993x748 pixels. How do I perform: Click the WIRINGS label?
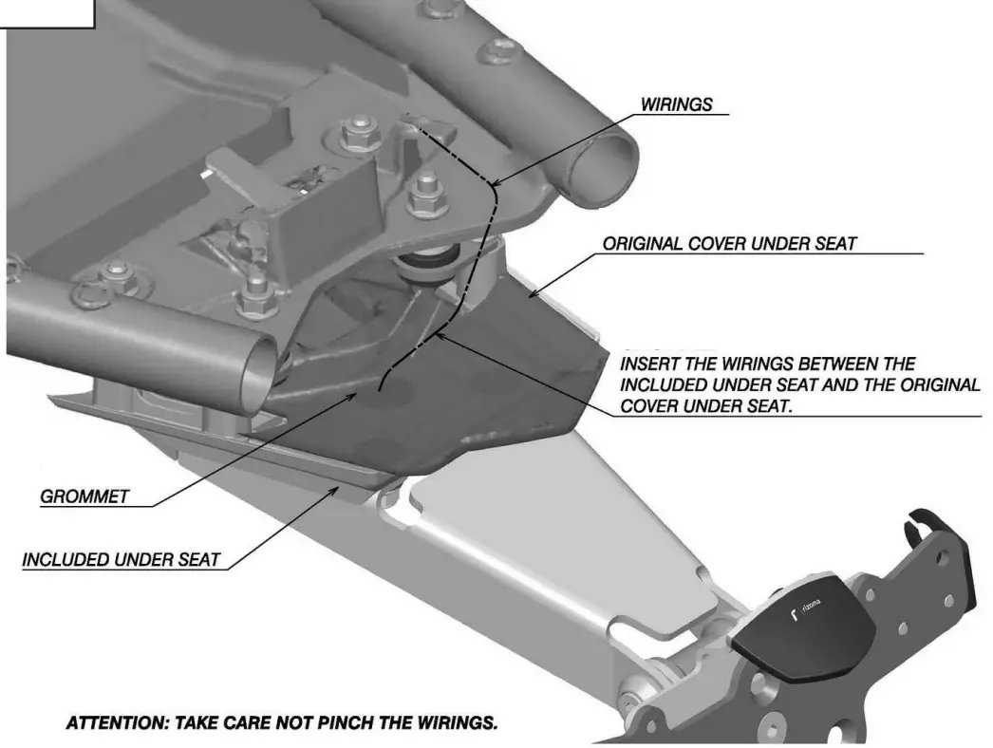click(x=676, y=104)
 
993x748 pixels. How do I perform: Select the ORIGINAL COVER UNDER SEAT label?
click(x=729, y=244)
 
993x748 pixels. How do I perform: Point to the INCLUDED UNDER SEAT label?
click(x=121, y=559)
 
